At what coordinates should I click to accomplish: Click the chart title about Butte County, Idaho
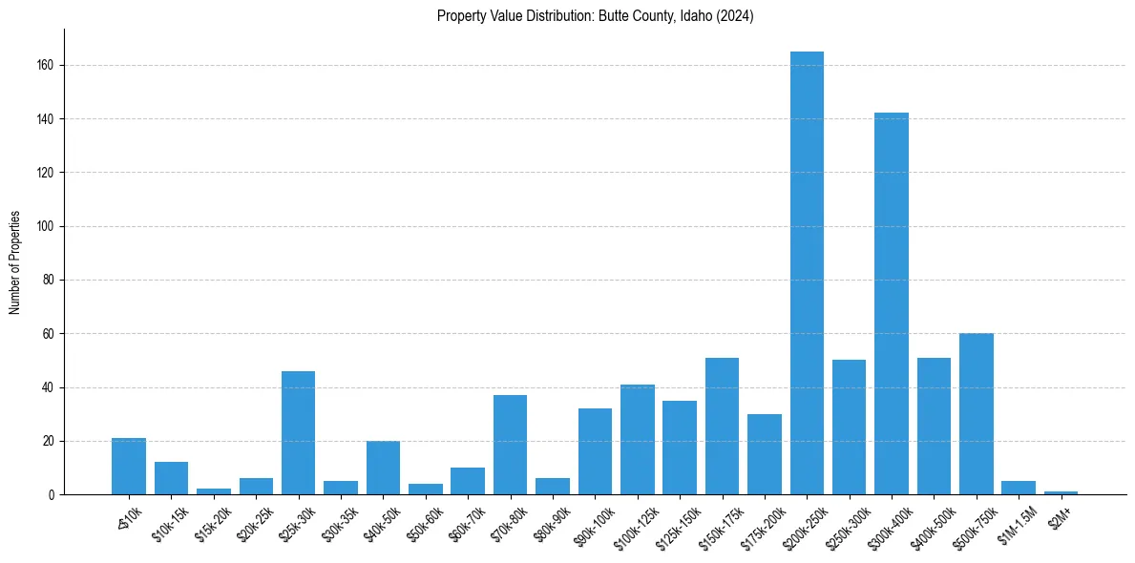(595, 16)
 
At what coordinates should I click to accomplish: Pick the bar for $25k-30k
(298, 433)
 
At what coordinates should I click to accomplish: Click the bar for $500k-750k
(977, 414)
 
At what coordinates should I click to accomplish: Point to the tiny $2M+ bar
(1061, 492)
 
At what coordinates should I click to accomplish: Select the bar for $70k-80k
(510, 445)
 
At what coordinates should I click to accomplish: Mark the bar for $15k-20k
(214, 491)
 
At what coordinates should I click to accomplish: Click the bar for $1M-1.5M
(1019, 488)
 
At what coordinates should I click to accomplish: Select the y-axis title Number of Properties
(15, 262)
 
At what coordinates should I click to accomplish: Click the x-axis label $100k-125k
(632, 528)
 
